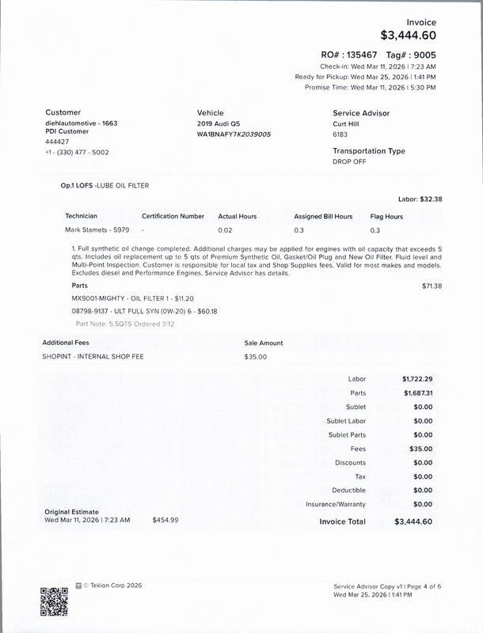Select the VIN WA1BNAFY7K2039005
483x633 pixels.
click(x=234, y=135)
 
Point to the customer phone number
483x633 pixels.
click(x=77, y=152)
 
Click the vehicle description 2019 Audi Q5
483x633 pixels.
click(x=218, y=125)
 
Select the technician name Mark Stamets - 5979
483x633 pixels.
click(x=97, y=230)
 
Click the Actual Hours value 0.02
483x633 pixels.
click(x=226, y=230)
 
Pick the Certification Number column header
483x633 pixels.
click(x=173, y=216)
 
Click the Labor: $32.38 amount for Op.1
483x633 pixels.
click(x=420, y=199)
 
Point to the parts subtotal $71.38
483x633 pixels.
click(x=432, y=286)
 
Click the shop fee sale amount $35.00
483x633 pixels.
click(x=256, y=357)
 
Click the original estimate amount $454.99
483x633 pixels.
click(x=165, y=520)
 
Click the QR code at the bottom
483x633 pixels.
click(x=54, y=601)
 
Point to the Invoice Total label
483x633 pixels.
click(x=342, y=521)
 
